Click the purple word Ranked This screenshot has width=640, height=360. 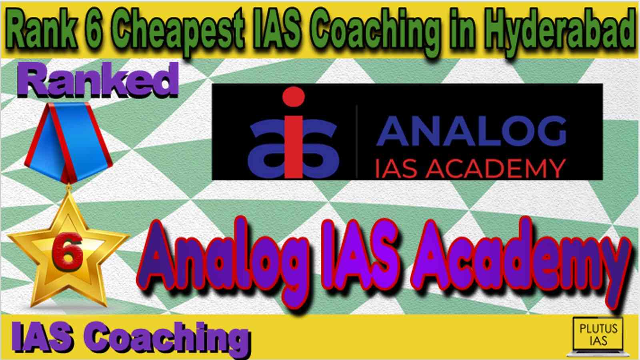click(x=98, y=80)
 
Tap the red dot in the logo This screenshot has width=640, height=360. click(x=294, y=96)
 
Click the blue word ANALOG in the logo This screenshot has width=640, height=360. click(x=471, y=131)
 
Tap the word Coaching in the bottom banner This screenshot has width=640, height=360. click(x=167, y=338)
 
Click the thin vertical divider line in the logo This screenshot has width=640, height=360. click(x=357, y=141)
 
